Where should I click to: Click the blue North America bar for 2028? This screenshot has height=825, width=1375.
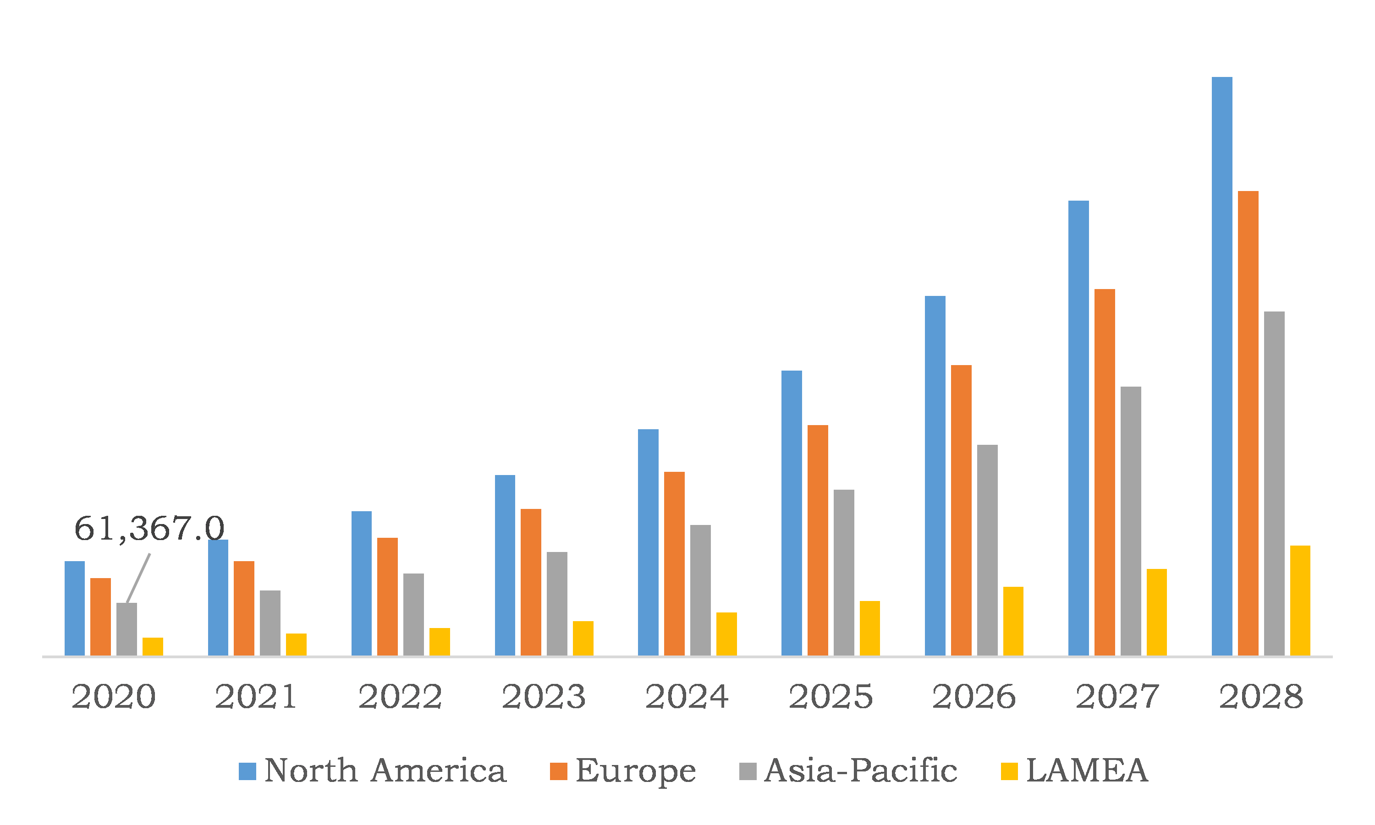pos(1221,367)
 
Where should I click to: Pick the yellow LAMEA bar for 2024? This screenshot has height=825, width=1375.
pos(726,634)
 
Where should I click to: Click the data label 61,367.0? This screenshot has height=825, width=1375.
pos(149,528)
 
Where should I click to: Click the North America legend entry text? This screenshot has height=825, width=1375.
pos(385,771)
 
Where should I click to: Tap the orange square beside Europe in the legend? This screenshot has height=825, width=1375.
pos(558,771)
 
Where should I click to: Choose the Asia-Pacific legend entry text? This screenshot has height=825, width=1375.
pos(860,771)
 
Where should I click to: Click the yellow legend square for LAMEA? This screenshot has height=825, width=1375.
pos(1009,771)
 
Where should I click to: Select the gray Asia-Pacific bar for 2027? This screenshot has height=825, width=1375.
pos(1130,521)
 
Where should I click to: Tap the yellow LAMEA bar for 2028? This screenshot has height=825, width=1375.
pos(1300,601)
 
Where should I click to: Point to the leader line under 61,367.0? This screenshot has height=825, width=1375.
pos(138,578)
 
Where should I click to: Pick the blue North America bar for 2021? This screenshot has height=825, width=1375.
pos(218,598)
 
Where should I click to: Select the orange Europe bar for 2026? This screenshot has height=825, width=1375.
pos(961,511)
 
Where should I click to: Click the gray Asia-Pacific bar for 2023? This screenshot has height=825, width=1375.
pos(557,604)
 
